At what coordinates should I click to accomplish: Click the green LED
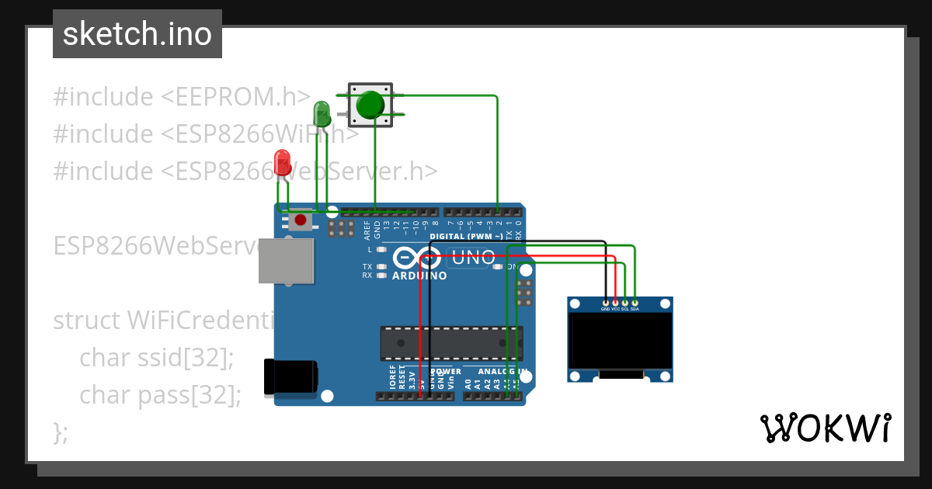[322, 113]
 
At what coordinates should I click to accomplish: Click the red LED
[283, 163]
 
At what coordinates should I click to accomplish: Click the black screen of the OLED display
[621, 342]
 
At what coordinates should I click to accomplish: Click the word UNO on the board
[473, 257]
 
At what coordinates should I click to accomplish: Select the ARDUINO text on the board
[419, 276]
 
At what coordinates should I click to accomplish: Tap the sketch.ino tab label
[137, 34]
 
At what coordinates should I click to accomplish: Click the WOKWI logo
[826, 428]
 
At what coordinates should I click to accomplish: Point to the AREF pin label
[367, 227]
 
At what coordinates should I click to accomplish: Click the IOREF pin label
[393, 377]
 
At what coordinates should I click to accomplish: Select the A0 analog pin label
[468, 383]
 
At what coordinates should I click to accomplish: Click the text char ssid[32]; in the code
[156, 358]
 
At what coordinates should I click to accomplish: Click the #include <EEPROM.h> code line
[182, 97]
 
